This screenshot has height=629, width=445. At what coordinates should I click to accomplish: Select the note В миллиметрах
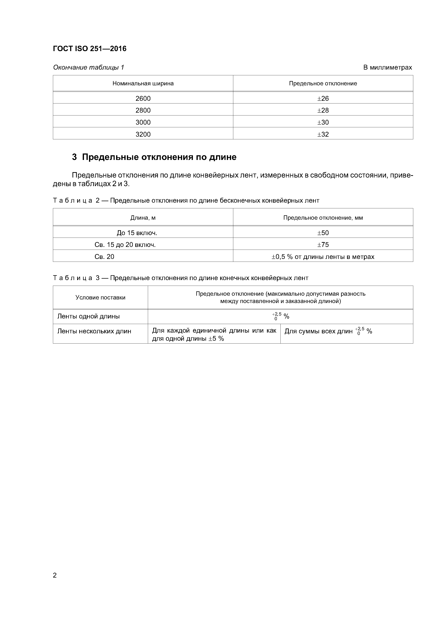[x=387, y=67]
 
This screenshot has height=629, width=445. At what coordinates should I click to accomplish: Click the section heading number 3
[x=74, y=157]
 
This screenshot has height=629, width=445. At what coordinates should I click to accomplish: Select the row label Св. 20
[x=104, y=257]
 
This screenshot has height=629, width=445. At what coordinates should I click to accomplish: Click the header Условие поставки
[x=100, y=297]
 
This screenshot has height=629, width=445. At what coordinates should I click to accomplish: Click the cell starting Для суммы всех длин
[x=328, y=331]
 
